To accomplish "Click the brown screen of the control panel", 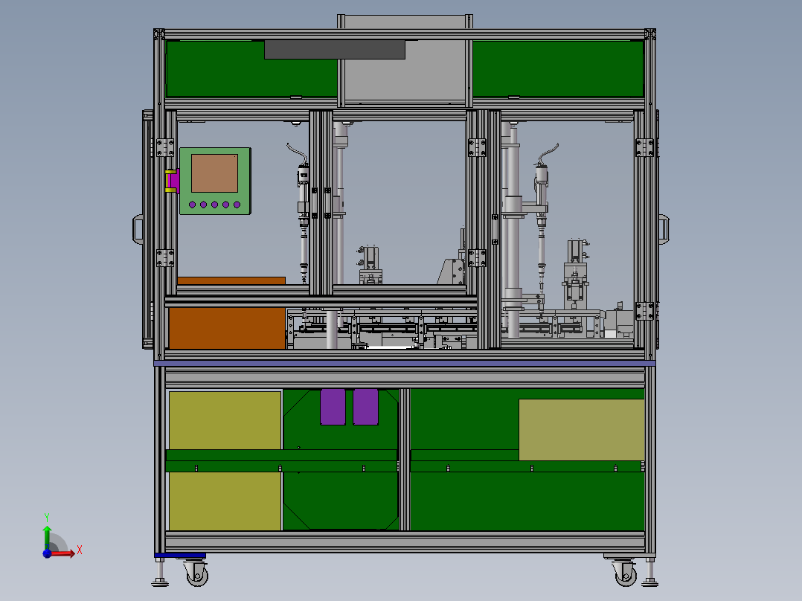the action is tap(214, 173).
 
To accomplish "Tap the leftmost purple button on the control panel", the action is tap(192, 205).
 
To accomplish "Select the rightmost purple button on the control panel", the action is tap(237, 205).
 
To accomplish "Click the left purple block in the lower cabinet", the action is tap(333, 407).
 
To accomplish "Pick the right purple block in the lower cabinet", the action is tap(366, 407).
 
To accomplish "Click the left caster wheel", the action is tap(197, 575).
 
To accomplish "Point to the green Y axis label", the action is tap(47, 518).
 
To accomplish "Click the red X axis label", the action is tap(80, 550).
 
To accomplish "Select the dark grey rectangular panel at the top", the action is tap(335, 50).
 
